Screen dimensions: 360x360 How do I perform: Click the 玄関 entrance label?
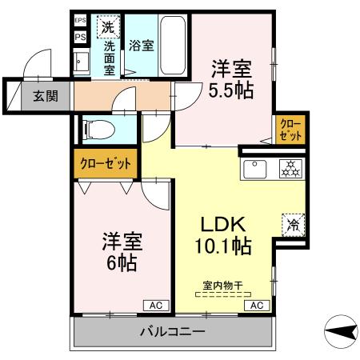45,96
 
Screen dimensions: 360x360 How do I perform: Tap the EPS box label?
80,20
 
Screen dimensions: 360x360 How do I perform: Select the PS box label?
80,36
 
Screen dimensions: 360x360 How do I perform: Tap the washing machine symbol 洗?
107,26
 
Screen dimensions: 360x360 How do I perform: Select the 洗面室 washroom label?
110,58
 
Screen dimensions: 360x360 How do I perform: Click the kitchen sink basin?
256,170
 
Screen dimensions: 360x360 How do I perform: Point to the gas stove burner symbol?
289,169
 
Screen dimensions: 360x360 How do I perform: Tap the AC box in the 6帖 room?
155,305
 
